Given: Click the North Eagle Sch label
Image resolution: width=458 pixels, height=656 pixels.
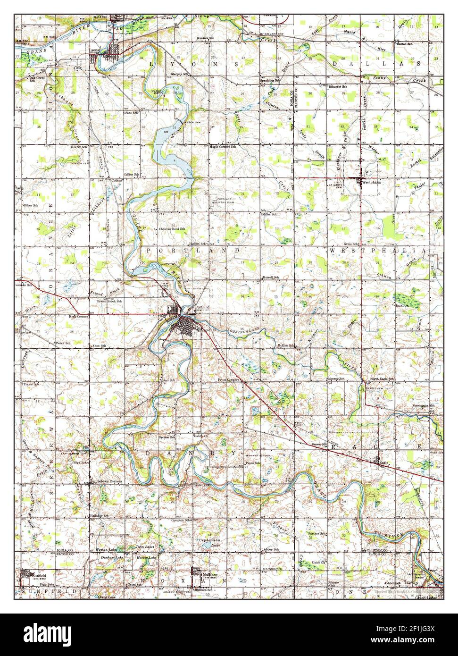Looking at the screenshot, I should pos(381,379).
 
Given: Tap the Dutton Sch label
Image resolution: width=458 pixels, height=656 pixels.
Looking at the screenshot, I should pos(404,44).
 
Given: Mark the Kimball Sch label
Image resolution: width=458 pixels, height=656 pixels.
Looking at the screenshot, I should pos(206,37).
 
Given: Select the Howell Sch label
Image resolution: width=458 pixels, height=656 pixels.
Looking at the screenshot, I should pos(271,278).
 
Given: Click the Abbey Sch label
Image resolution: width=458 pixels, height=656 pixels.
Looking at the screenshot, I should pos(272,550).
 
